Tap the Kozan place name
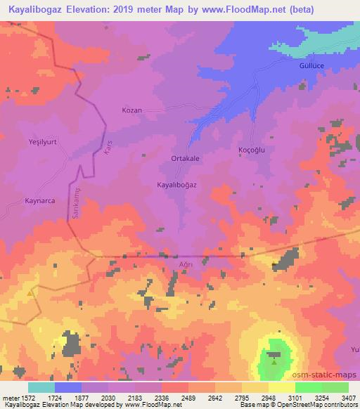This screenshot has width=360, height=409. click(132, 111)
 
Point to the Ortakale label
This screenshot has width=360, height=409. click(186, 159)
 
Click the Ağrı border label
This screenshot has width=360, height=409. click(186, 264)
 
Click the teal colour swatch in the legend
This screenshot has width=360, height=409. click(41, 387)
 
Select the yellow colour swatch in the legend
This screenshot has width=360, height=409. click(281, 387)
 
